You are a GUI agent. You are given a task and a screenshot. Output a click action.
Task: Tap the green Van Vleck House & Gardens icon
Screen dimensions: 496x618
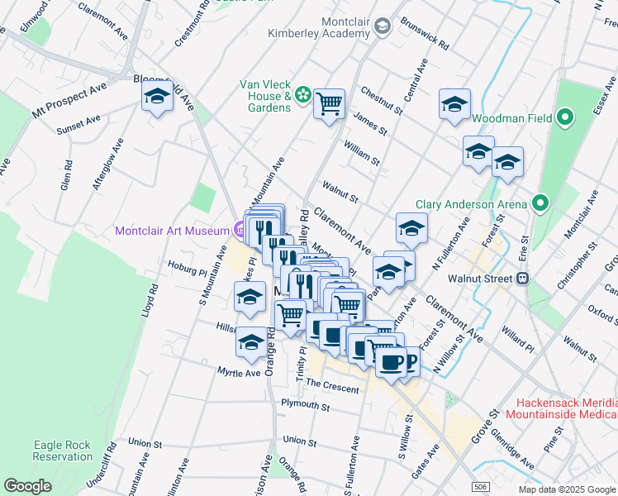pos(303,96)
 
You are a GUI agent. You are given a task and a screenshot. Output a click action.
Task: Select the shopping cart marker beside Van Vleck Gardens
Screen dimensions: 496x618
pos(329,104)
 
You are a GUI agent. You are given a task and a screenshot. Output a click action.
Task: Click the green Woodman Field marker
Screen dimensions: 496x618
pos(565,118)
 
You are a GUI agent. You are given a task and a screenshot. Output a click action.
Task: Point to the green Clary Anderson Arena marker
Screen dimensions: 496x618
pos(540,203)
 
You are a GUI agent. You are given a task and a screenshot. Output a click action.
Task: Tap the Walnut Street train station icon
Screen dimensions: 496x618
pos(523,279)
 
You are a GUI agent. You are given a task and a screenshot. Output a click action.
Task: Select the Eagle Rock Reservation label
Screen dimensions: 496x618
pos(63,451)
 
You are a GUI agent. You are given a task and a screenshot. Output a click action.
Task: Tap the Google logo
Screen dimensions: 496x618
pos(27,485)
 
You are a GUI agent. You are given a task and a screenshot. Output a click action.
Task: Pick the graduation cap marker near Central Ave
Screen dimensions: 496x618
pos(454,105)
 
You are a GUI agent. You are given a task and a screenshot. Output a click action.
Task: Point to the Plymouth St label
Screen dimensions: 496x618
pos(305,406)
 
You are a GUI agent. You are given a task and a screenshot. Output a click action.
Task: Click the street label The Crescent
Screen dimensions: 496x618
pos(332,386)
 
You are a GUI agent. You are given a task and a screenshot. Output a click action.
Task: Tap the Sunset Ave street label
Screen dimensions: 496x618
pos(78,125)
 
